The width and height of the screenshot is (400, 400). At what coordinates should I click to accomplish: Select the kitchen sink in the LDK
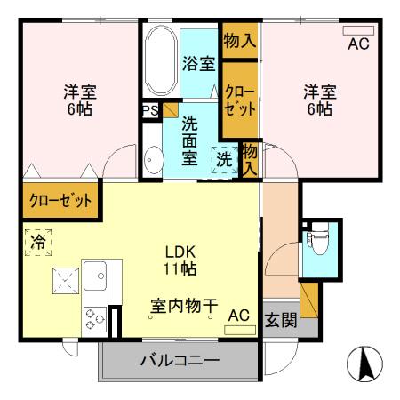click(96, 277)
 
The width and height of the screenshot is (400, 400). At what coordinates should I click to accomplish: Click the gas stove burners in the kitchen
click(96, 317)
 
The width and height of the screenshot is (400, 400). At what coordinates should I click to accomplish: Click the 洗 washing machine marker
click(224, 160)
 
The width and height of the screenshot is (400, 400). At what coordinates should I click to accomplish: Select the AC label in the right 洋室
click(357, 44)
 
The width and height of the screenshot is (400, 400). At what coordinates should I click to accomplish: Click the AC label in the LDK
click(238, 315)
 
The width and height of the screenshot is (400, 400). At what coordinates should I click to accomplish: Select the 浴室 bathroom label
click(197, 64)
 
